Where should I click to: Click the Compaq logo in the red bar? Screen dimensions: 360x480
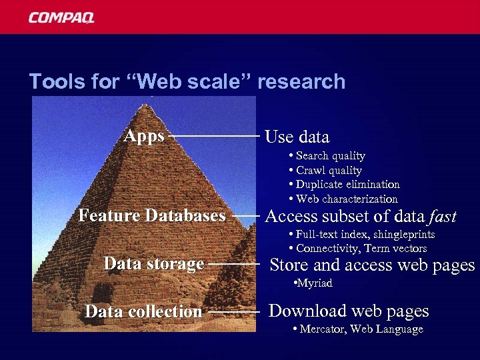click(61, 17)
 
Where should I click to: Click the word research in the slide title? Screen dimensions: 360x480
click(301, 82)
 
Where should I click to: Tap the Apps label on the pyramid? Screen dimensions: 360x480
click(144, 137)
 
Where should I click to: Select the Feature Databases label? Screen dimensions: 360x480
click(152, 216)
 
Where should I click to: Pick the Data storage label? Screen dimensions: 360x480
click(153, 264)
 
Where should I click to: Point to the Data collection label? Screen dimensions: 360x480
click(143, 311)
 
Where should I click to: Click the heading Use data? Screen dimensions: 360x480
click(297, 137)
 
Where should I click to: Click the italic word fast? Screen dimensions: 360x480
click(443, 216)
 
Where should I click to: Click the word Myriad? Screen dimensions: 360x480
click(315, 283)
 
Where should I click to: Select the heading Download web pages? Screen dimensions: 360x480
click(349, 311)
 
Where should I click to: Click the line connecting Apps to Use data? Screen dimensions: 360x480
click(215, 136)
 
